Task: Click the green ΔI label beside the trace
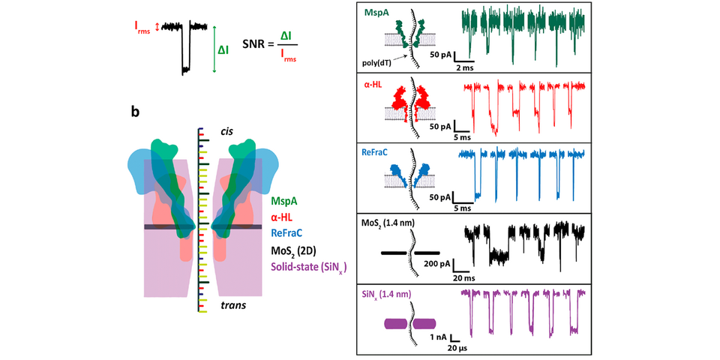coord(223,50)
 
